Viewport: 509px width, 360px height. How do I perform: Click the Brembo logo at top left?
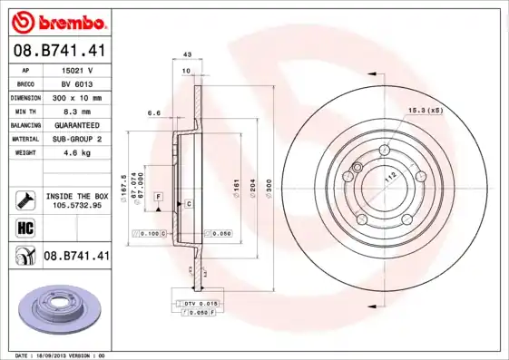tap(58, 20)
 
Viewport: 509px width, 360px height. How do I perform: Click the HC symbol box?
tap(24, 227)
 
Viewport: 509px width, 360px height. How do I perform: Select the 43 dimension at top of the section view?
tap(188, 54)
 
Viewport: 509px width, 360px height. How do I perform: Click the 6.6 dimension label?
tap(152, 113)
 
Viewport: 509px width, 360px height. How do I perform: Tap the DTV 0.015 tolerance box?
tap(197, 302)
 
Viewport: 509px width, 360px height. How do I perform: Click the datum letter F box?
tap(158, 197)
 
